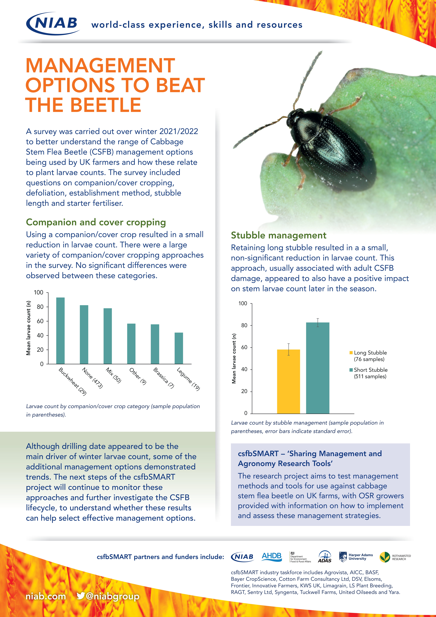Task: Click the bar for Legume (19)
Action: [x=179, y=348]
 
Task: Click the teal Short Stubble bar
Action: [x=318, y=368]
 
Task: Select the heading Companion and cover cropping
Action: [x=96, y=222]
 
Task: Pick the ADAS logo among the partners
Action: [x=325, y=557]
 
